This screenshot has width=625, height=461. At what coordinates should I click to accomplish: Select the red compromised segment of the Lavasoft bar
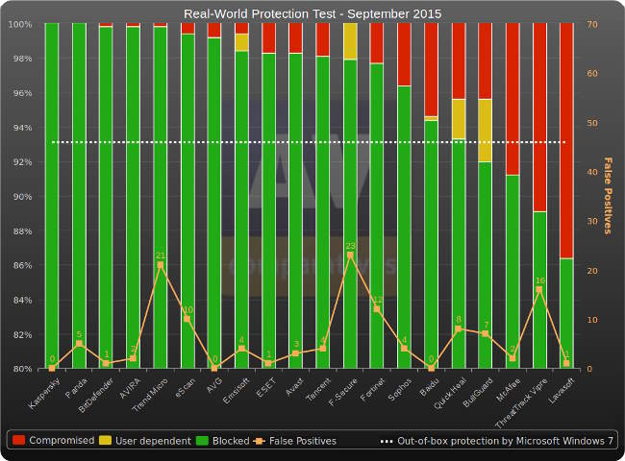[566, 140]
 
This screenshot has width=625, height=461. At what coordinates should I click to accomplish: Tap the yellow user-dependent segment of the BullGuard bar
[486, 130]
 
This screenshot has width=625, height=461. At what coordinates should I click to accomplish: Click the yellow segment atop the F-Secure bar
[350, 41]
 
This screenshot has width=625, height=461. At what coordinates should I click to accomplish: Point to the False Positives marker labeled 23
[350, 255]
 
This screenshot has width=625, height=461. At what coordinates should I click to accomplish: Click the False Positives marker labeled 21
[160, 265]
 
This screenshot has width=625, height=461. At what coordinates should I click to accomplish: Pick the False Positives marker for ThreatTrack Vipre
[539, 289]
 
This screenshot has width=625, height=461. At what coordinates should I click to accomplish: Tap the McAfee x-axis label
[508, 393]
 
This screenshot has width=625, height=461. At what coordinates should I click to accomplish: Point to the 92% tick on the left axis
[21, 162]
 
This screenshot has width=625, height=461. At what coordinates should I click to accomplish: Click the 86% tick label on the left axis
[21, 266]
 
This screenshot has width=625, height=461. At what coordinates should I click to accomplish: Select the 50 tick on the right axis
[593, 123]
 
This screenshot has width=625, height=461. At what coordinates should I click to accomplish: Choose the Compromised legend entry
[54, 441]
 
